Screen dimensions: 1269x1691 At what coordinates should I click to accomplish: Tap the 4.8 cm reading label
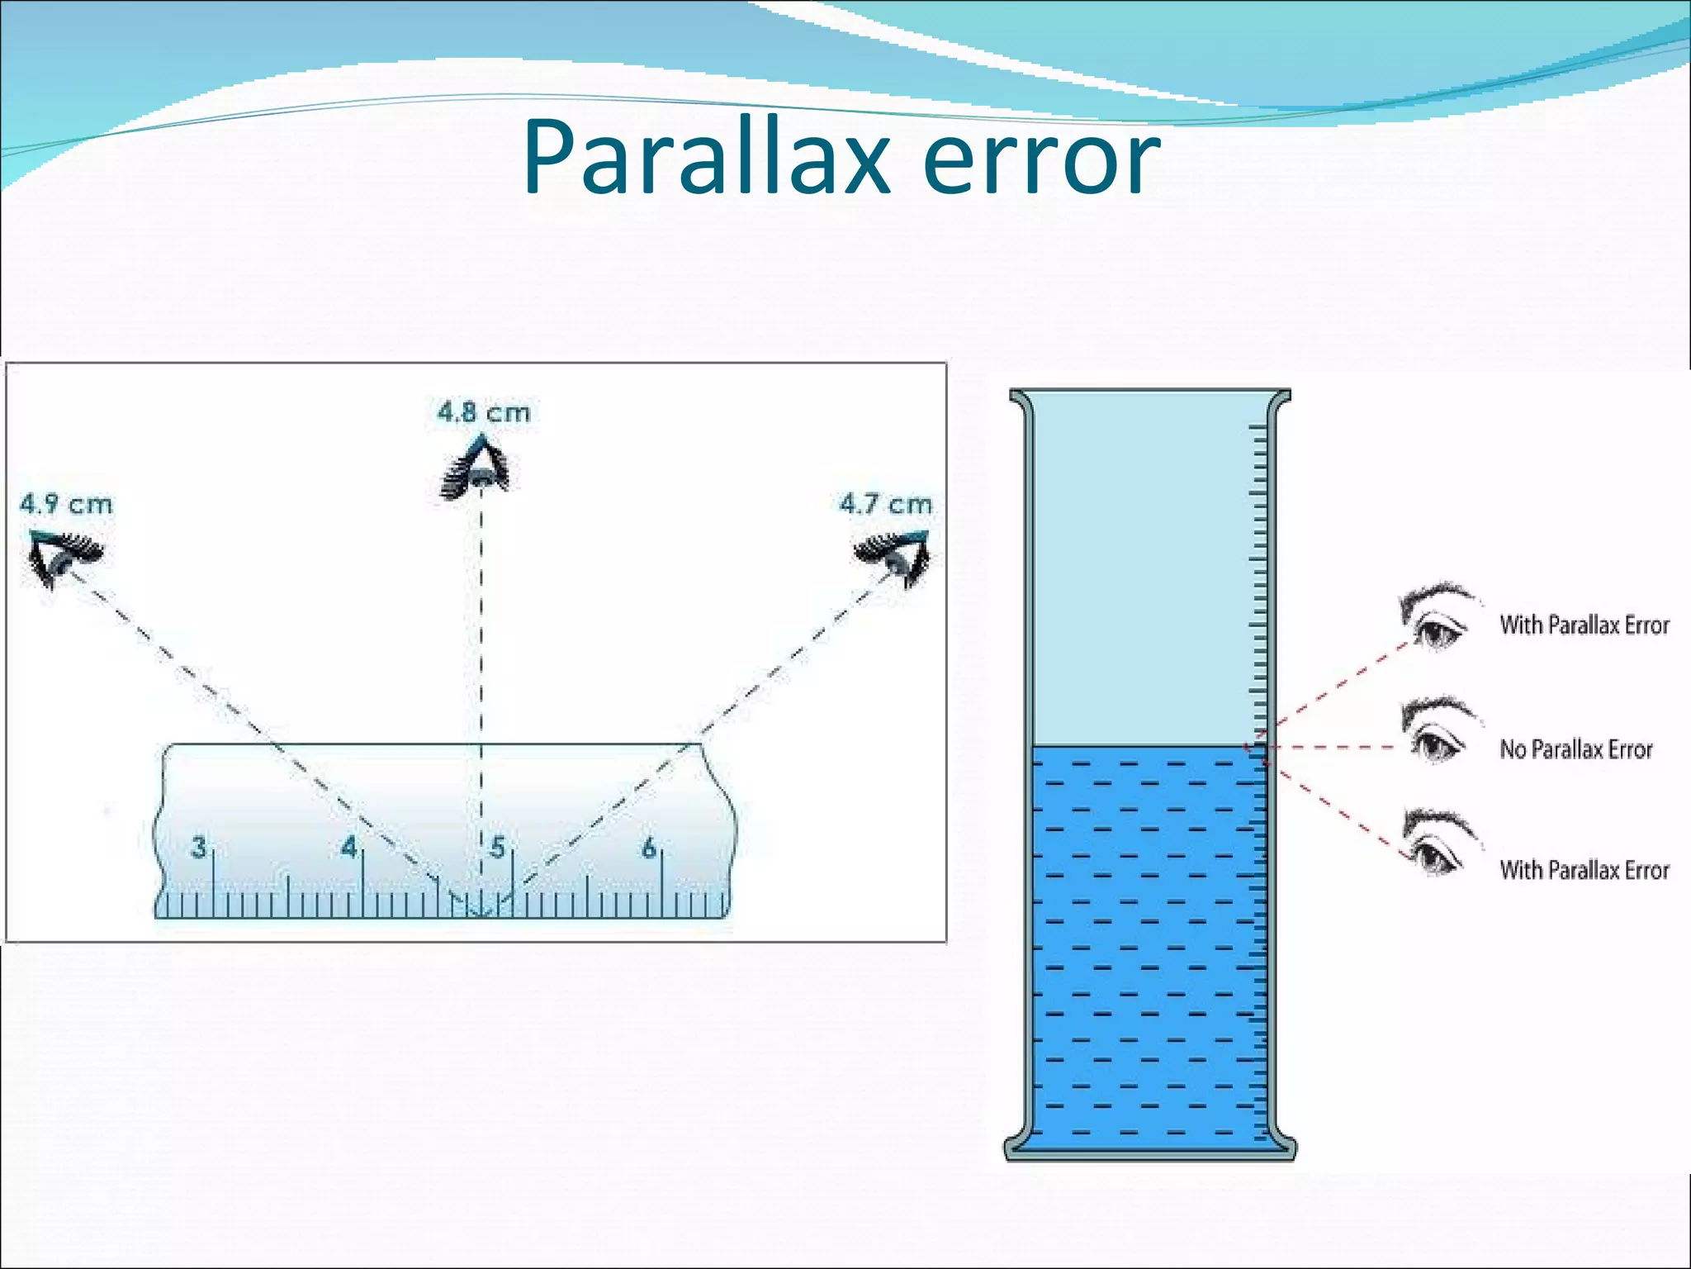pos(484,411)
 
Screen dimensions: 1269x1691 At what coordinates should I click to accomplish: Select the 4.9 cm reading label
pos(66,504)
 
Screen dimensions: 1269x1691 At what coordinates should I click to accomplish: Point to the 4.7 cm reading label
pos(885,504)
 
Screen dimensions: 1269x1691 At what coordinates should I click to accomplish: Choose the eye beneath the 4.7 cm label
pos(894,555)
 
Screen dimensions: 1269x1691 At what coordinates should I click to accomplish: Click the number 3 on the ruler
pos(199,848)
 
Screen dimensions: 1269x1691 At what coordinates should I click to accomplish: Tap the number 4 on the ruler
pos(349,847)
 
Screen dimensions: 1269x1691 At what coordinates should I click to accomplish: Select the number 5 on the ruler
pos(498,848)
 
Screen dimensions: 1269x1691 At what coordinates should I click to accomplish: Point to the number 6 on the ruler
pos(649,848)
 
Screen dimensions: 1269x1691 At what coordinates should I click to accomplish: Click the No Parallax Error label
pos(1575,749)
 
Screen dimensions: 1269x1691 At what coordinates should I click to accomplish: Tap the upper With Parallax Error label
pos(1584,625)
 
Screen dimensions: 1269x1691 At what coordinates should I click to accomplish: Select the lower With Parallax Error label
pos(1584,870)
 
